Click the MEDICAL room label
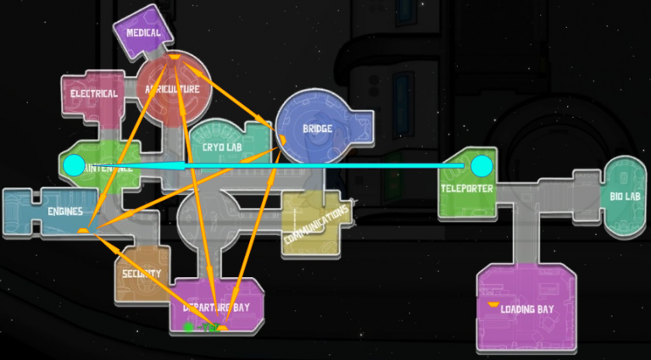tap(143, 33)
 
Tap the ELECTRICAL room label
tap(93, 93)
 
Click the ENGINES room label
tap(65, 211)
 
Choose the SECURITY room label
tap(141, 274)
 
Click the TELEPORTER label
tap(466, 188)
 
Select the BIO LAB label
tap(626, 197)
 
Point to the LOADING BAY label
tap(526, 309)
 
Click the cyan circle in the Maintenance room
tap(74, 165)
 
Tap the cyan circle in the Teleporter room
tap(481, 164)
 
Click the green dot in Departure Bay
tap(188, 326)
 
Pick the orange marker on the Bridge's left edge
tap(282, 138)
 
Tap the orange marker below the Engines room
tap(83, 230)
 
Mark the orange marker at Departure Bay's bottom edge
tap(223, 328)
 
